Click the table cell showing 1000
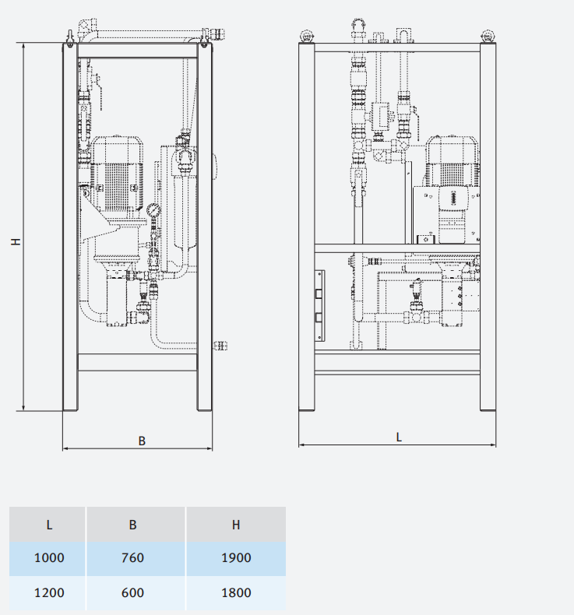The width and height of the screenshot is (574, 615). (x=48, y=557)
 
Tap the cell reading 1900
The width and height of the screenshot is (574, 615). (x=236, y=557)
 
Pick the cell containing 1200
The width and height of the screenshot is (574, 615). (x=48, y=592)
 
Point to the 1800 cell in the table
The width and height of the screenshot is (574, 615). (x=236, y=592)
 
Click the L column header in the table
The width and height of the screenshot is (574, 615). (x=48, y=524)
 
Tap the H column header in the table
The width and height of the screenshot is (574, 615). (x=236, y=524)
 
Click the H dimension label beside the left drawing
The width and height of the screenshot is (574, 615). (x=15, y=242)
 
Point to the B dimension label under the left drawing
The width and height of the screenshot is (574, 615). (x=142, y=441)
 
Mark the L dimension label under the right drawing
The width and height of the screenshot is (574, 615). (x=399, y=438)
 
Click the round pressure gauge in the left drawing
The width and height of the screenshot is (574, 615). (x=153, y=209)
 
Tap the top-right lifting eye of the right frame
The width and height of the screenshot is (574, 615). (x=488, y=35)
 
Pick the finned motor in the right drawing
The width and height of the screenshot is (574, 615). (x=453, y=163)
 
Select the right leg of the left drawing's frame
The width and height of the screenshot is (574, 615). (x=204, y=234)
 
